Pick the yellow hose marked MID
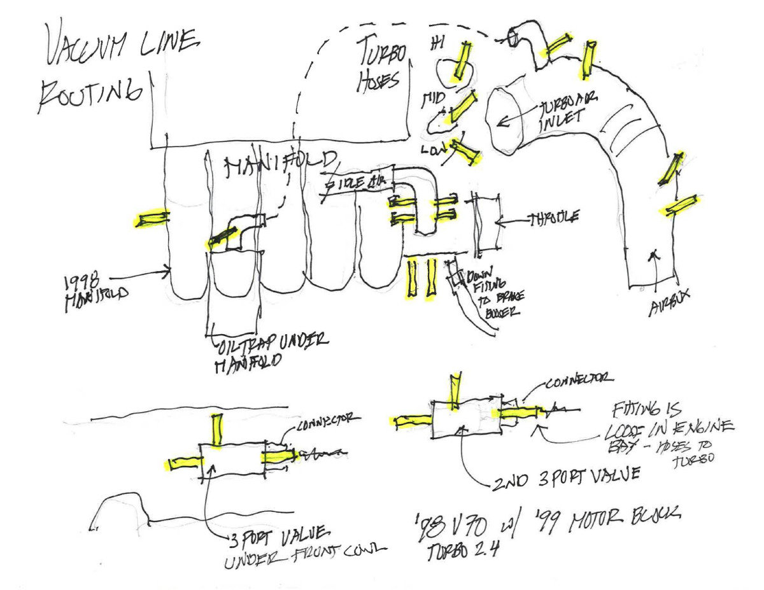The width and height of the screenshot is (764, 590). pyautogui.click(x=463, y=106)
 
